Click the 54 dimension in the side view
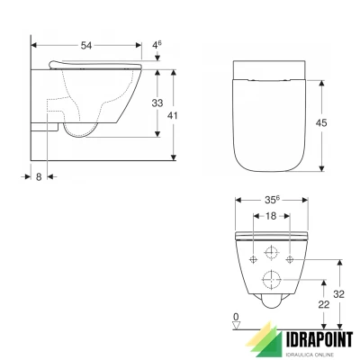point(85,43)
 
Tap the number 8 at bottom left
point(40,176)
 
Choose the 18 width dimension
point(270,217)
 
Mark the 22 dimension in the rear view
point(322,306)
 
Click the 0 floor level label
point(235,317)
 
